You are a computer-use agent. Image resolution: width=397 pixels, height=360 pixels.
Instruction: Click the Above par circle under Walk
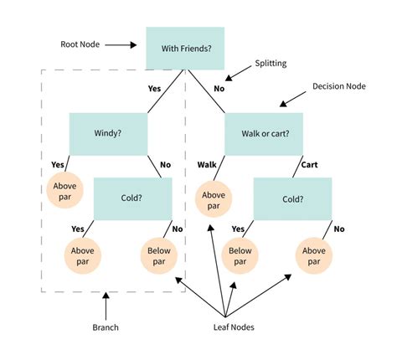click(214, 200)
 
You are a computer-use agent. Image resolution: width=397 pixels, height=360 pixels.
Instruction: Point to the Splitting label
click(275, 64)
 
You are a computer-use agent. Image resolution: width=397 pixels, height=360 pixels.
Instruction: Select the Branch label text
click(106, 327)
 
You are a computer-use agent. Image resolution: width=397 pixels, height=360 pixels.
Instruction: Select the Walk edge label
click(208, 165)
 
